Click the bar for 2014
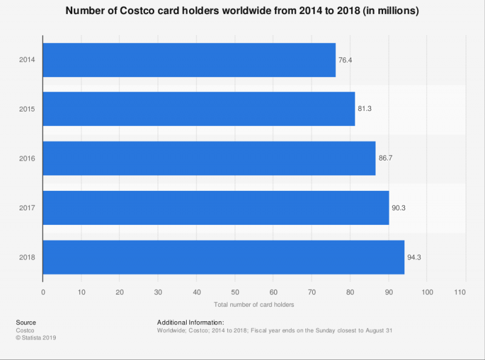pos(189,60)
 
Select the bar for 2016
pos(209,158)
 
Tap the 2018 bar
pos(223,257)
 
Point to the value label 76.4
pos(345,60)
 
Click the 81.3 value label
pos(364,109)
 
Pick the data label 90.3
pos(398,208)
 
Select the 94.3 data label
pos(413,257)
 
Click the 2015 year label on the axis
pos(27,109)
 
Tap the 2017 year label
pos(27,208)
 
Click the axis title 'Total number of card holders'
pos(254,304)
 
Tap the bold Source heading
pos(26,322)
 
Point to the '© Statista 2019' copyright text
pos(36,338)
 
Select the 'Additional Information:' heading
pos(190,322)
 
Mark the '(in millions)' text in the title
pos(386,12)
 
